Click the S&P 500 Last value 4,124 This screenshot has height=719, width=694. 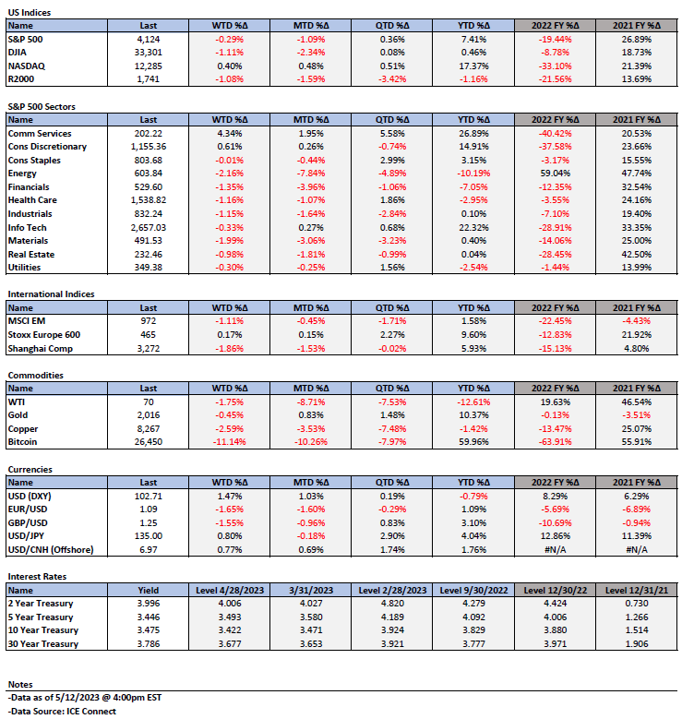[148, 40]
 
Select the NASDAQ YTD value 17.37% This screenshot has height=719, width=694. [473, 66]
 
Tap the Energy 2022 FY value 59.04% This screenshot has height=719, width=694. [555, 174]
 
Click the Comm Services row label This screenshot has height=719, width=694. [40, 134]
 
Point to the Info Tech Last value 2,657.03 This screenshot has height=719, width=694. [148, 227]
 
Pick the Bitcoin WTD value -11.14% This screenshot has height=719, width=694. [229, 442]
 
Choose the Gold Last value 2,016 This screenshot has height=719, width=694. [148, 415]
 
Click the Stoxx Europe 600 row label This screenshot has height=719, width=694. [44, 335]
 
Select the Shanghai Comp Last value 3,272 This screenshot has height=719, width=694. [148, 349]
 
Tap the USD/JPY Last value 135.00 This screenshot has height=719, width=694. [148, 536]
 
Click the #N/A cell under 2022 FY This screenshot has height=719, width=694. [555, 550]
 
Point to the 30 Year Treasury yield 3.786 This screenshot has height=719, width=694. [148, 644]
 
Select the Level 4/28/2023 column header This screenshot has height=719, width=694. [230, 590]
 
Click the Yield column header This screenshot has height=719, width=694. [148, 590]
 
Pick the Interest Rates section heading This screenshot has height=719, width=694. [37, 576]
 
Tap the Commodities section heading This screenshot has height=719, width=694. [35, 375]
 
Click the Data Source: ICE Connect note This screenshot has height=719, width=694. [62, 712]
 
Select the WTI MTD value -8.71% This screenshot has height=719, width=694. [311, 402]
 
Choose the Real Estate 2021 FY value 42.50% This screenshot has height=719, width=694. [636, 255]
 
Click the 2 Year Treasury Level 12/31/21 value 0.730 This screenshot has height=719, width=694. [636, 604]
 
